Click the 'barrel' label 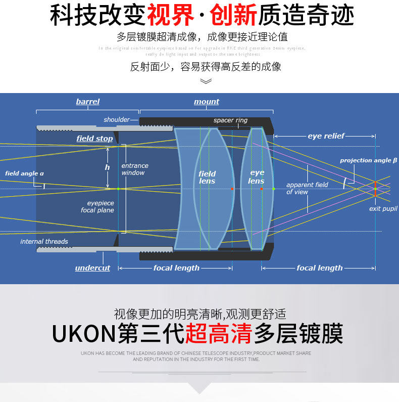coord(88,102)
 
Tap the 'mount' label coord(207,102)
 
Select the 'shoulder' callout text coord(117,120)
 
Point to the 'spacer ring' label coord(230,120)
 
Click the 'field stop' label coord(94,139)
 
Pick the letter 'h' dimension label coord(107,167)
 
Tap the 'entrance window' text coord(135,169)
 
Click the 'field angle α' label coord(24,173)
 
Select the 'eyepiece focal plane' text coord(97,207)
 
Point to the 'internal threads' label coord(44,242)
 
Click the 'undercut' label coord(92,268)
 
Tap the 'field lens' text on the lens coord(207,177)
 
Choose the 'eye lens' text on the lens coord(257,177)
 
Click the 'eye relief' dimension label coord(326,136)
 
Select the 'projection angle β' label coord(368,161)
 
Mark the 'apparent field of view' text coord(307,188)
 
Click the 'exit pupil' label coord(383,209)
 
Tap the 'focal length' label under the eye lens coord(320,268)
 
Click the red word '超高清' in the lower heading coord(219,334)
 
